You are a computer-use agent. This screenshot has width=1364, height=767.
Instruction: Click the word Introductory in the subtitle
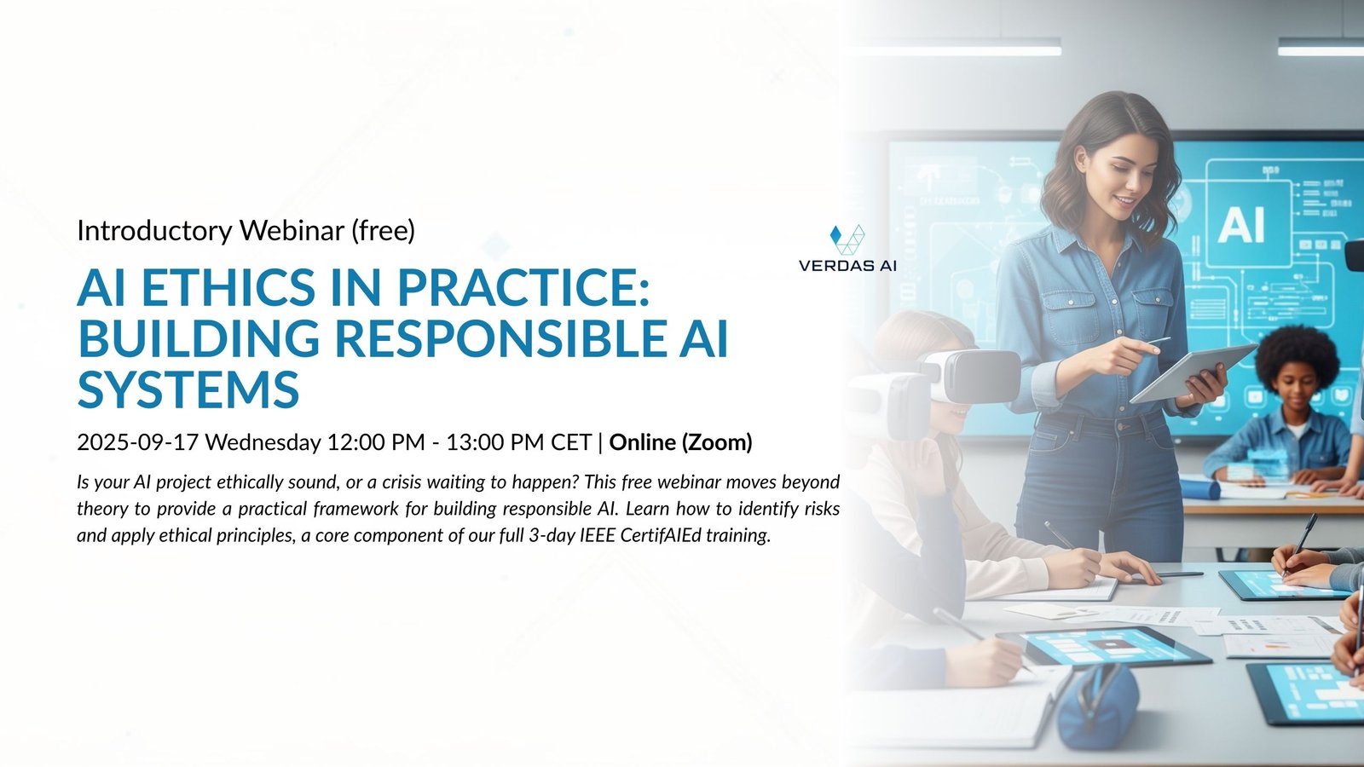pyautogui.click(x=154, y=230)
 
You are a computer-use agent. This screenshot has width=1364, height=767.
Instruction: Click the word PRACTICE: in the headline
pyautogui.click(x=523, y=287)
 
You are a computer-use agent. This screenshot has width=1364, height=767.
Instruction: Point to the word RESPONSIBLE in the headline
pyautogui.click(x=500, y=338)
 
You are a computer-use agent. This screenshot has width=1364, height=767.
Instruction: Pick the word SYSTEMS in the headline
pyautogui.click(x=188, y=389)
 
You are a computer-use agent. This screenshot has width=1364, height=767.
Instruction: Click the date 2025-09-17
pyautogui.click(x=137, y=442)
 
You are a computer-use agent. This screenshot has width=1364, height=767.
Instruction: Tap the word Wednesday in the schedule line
pyautogui.click(x=263, y=442)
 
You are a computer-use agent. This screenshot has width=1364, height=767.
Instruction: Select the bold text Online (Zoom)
pyautogui.click(x=681, y=442)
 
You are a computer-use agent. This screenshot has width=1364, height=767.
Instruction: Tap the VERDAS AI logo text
pyautogui.click(x=847, y=266)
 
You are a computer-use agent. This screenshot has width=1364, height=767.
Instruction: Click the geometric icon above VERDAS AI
pyautogui.click(x=847, y=239)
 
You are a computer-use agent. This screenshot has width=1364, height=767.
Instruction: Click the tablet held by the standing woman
pyautogui.click(x=1193, y=373)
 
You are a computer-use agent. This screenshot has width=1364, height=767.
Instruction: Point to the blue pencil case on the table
pyautogui.click(x=1096, y=706)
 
